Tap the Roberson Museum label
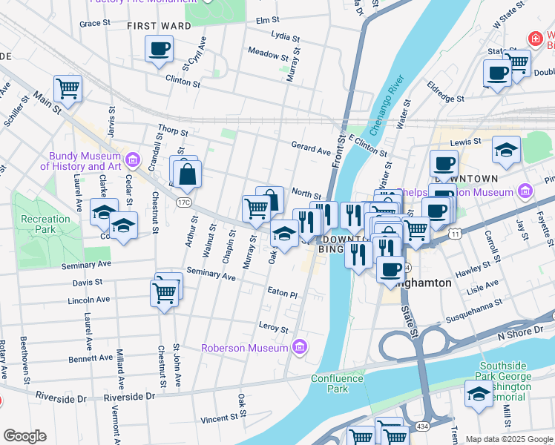coord(245,347)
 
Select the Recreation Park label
coord(45,224)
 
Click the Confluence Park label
coord(338,383)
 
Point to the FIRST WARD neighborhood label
coord(159,26)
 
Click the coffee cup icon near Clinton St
coord(159,50)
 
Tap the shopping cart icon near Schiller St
coord(68,88)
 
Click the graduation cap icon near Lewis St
coord(507,148)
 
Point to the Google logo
coord(24,436)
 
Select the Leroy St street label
coord(273,326)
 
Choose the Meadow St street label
coord(267,54)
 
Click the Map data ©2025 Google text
coord(509,439)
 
